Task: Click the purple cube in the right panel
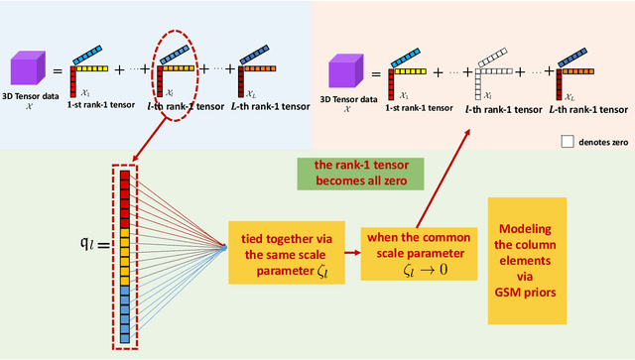[x=344, y=69]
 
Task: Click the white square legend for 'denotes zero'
[x=567, y=142]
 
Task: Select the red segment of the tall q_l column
[x=124, y=198]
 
